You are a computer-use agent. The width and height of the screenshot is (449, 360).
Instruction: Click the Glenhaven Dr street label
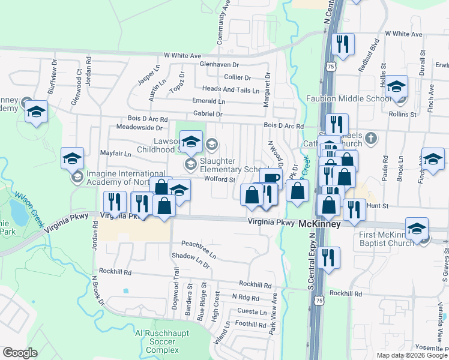[x=219, y=64]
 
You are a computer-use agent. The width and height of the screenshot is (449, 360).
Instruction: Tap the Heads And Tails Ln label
[x=231, y=89]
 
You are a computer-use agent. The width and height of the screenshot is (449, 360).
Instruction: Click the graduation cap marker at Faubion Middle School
[x=397, y=86]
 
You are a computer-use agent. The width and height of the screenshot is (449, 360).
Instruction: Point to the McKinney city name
[x=320, y=223]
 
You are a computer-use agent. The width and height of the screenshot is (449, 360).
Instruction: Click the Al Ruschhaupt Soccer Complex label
[x=155, y=341]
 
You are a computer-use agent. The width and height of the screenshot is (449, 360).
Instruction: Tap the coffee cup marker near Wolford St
[x=271, y=178]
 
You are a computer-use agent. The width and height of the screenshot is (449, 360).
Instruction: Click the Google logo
[x=20, y=352]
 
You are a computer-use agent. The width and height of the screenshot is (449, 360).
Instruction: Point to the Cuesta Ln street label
[x=252, y=312]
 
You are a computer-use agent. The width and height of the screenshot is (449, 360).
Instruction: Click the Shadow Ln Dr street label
[x=191, y=260]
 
